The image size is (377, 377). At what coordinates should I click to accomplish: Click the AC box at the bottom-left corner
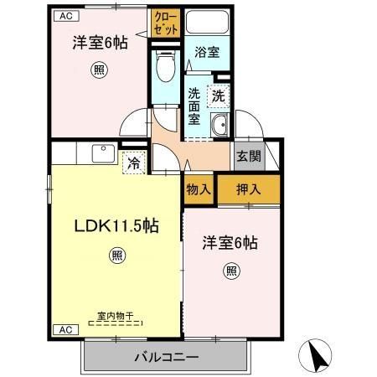pos(64,330)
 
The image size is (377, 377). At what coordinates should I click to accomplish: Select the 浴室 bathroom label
pos(207,53)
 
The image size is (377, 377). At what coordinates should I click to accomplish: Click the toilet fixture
pos(164,68)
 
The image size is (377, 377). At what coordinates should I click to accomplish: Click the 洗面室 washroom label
pos(194,106)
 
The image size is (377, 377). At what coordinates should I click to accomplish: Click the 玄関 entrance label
pos(247,155)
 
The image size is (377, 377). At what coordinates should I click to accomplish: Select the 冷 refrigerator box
pos(134,162)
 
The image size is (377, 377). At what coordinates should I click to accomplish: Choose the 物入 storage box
pos(198,189)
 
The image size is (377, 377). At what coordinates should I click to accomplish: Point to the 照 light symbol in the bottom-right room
pos(230,270)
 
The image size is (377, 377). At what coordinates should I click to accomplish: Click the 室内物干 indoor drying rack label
pos(116,315)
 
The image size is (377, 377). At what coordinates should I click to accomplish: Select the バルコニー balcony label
pos(166,358)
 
